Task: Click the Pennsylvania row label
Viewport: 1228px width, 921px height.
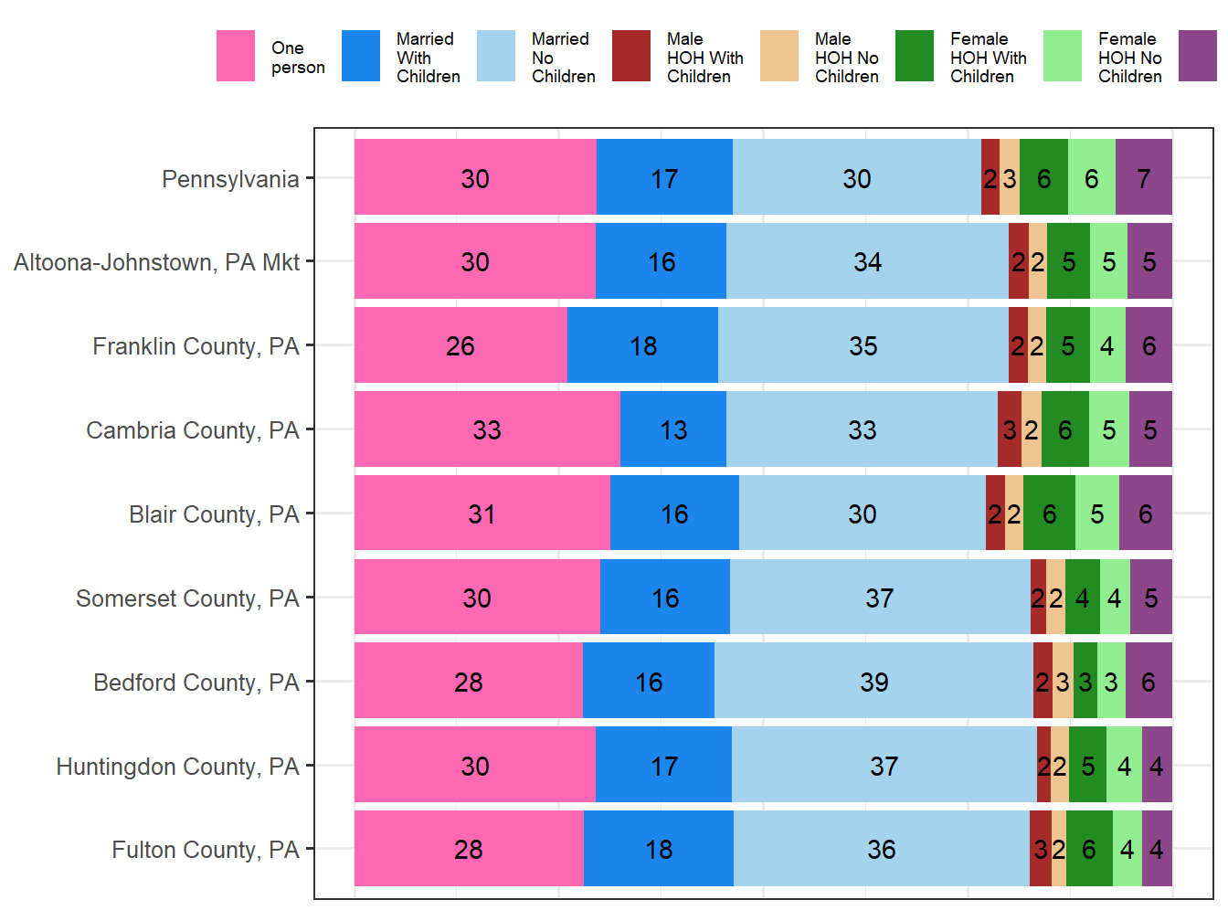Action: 230,179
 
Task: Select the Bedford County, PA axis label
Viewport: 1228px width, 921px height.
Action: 196,683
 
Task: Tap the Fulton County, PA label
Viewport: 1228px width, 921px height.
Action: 206,850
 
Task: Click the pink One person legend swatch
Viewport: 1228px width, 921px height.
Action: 236,56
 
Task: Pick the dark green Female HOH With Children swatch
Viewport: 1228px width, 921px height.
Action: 915,56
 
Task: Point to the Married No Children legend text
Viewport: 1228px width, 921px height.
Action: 563,58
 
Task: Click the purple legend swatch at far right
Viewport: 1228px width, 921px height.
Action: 1198,56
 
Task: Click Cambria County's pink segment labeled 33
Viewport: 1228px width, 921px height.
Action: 487,429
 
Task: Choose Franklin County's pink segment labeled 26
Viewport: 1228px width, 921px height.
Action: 460,345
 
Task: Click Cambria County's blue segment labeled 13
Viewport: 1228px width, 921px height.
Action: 673,429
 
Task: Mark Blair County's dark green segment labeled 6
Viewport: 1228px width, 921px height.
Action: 1049,513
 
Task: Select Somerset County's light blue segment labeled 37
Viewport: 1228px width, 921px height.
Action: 880,598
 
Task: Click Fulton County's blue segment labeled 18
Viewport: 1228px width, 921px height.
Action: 659,849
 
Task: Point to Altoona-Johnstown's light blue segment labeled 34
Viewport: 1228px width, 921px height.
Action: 867,261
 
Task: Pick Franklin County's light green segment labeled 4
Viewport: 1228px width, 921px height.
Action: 1107,345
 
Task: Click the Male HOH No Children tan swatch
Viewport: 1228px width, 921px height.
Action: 779,56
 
